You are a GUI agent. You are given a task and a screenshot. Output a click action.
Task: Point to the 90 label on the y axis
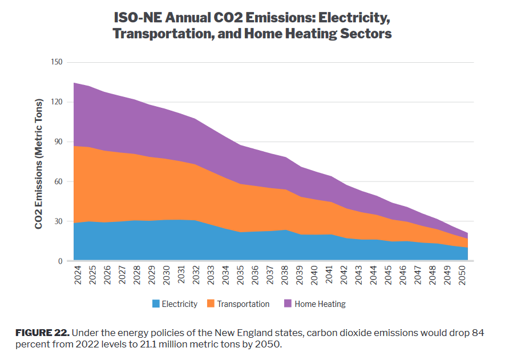tap(57, 142)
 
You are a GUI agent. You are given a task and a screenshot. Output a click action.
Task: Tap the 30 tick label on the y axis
tap(57, 222)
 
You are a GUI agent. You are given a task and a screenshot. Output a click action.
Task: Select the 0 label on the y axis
tap(59, 261)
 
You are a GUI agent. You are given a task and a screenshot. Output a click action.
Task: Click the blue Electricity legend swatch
tap(156, 304)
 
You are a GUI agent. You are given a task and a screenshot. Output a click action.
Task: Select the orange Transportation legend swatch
tap(210, 304)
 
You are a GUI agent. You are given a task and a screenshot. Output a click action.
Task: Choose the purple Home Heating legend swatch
tap(288, 304)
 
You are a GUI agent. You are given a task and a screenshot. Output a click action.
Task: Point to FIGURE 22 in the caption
tap(42, 333)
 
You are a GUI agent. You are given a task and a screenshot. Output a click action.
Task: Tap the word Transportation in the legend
tap(243, 304)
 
